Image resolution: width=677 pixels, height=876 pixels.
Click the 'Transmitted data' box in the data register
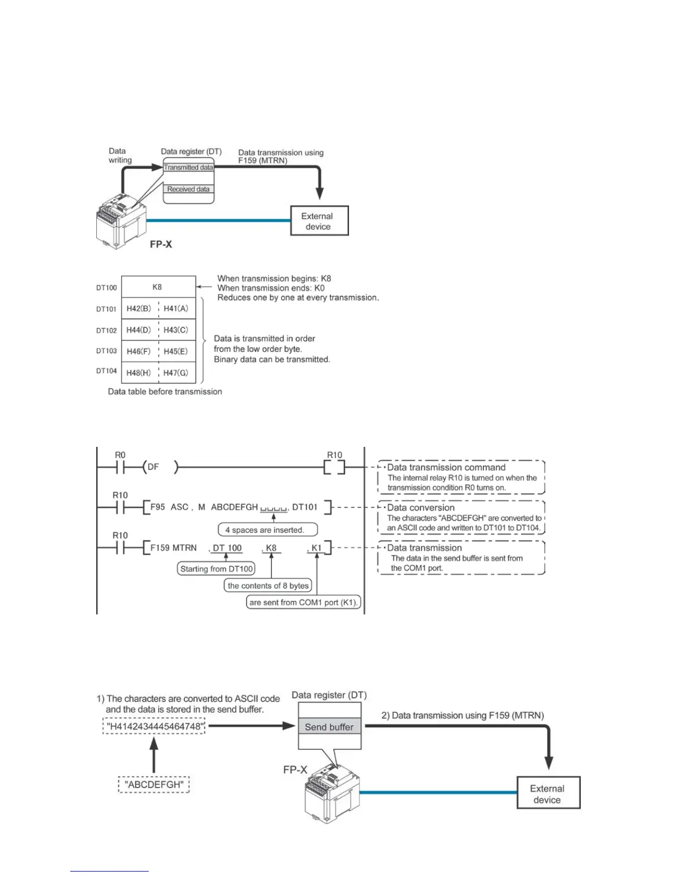coord(189,167)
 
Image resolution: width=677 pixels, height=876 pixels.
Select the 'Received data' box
coord(189,189)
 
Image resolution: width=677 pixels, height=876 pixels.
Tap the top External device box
coord(319,221)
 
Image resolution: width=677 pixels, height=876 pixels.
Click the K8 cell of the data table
coord(158,287)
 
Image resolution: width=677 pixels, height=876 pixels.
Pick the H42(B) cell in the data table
coord(139,309)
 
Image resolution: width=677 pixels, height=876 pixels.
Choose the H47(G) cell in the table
coord(176,373)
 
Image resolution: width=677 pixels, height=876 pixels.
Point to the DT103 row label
coord(107,351)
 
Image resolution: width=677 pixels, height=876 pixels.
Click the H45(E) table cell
coord(176,351)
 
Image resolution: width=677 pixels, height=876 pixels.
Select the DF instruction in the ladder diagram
coord(154,467)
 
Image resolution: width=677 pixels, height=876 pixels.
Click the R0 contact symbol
coord(120,468)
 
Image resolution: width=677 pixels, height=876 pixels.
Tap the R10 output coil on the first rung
coord(334,468)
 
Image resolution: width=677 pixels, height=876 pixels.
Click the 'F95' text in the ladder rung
coord(158,507)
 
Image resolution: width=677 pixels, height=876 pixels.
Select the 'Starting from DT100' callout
coord(216,569)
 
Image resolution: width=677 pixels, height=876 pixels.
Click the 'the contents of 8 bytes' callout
coord(268,586)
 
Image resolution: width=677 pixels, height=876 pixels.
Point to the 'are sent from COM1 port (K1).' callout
coord(304,602)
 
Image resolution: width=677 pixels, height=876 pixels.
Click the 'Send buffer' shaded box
coord(329,727)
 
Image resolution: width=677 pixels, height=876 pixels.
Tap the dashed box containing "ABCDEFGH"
coord(154,785)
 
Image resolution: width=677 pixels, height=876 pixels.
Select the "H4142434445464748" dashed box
coord(154,726)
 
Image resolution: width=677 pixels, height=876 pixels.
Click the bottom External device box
coord(548,794)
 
